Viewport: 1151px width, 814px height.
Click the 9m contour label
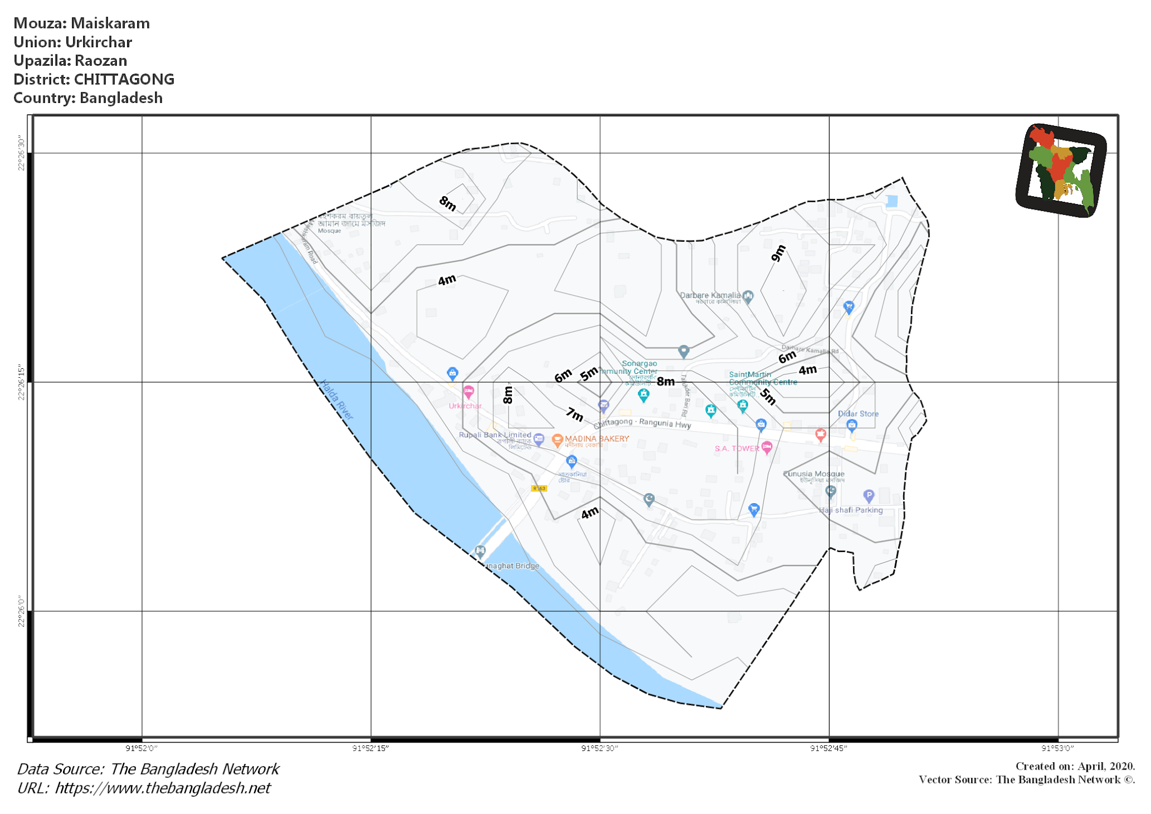coord(778,254)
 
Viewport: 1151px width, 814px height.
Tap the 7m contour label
coord(574,414)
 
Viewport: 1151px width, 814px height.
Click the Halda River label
coord(337,400)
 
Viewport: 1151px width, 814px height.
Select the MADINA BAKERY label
coord(597,438)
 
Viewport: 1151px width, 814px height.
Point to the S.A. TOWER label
coord(737,449)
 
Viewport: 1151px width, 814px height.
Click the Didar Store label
coord(858,414)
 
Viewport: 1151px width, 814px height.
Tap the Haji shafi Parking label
coord(850,510)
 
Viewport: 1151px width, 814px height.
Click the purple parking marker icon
coord(868,495)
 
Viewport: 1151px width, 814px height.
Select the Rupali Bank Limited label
coord(495,435)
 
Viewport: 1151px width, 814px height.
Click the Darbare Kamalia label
coord(710,295)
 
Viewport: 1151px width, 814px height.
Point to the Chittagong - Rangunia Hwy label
coord(642,423)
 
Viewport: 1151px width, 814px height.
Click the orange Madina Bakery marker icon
coord(557,440)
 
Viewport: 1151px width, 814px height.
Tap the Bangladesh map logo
coord(1061,170)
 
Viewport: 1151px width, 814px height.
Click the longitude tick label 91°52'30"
coord(600,748)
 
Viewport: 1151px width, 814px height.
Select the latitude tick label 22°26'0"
coord(21,611)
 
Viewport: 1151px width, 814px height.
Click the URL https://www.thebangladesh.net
coord(162,788)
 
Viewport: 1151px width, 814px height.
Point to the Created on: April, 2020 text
coord(1075,766)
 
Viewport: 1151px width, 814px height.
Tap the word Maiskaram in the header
coord(110,24)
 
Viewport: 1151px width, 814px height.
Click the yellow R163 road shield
coord(538,488)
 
